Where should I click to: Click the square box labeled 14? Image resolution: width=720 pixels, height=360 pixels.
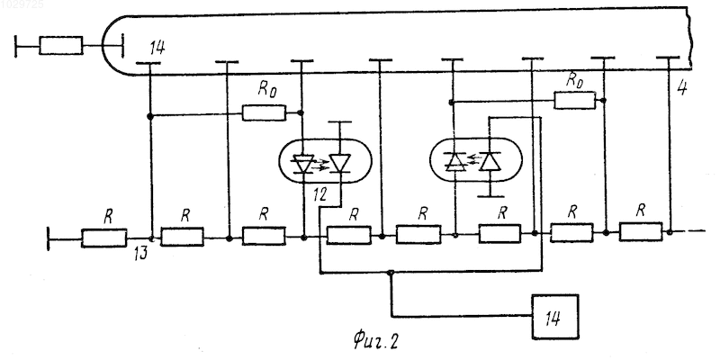point(554,317)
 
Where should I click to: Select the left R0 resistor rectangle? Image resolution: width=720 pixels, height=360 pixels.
point(264,112)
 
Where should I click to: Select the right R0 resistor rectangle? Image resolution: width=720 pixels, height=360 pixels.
point(574,100)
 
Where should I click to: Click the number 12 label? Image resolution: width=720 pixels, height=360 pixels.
point(319,194)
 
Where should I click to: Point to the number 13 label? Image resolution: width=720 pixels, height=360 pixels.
point(141,254)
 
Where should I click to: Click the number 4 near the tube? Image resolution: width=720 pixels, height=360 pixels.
point(682,87)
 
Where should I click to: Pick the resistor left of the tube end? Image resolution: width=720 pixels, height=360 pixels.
point(61,46)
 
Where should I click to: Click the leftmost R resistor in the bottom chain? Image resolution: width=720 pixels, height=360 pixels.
point(103,238)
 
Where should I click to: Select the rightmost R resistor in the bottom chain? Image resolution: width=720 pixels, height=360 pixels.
point(641,231)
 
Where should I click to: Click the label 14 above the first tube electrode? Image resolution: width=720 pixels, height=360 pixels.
point(157,48)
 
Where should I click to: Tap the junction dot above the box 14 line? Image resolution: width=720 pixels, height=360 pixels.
point(391,273)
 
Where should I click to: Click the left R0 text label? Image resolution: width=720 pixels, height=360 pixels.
point(266,89)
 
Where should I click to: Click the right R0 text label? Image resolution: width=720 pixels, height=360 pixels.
point(574,79)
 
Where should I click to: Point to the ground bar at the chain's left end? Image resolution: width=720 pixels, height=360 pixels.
point(49,238)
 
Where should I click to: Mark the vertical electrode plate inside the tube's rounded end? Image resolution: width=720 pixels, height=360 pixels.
point(122,46)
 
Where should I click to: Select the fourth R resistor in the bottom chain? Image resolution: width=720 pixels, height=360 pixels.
point(348,235)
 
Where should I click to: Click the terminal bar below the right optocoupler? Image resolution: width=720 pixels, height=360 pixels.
point(490,196)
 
